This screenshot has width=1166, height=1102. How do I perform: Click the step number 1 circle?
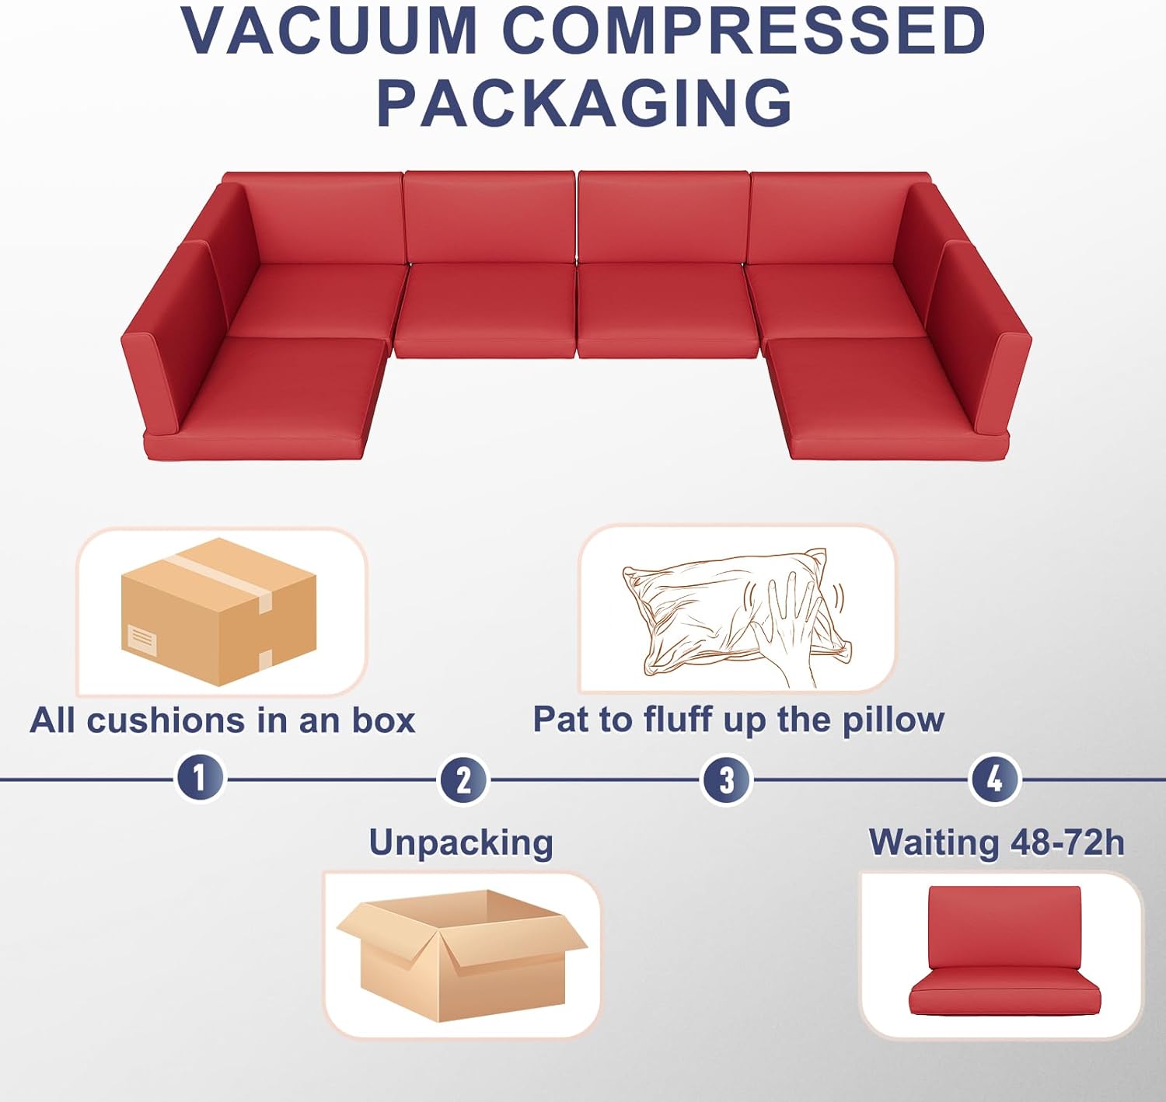click(200, 776)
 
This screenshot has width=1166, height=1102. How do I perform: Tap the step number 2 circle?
click(463, 779)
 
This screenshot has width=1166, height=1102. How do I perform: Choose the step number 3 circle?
click(726, 779)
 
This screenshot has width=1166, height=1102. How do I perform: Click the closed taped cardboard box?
click(219, 612)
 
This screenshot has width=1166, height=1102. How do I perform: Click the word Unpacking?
click(461, 842)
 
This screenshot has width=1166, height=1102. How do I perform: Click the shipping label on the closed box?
click(141, 639)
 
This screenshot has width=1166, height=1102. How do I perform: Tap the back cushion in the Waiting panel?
click(1004, 926)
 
